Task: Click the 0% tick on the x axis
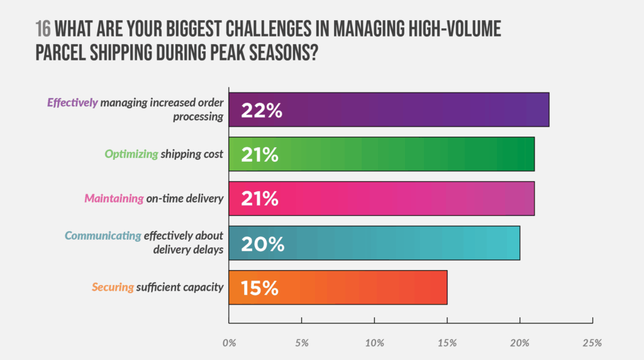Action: [x=229, y=343]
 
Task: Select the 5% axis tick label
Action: [x=301, y=343]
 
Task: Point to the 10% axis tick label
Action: [x=374, y=343]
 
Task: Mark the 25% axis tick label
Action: [x=592, y=343]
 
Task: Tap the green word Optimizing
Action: [x=131, y=154]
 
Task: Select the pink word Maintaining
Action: [x=114, y=199]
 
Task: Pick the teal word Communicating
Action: [x=103, y=236]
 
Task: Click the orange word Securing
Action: [x=113, y=288]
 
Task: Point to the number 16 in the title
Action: [x=43, y=30]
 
